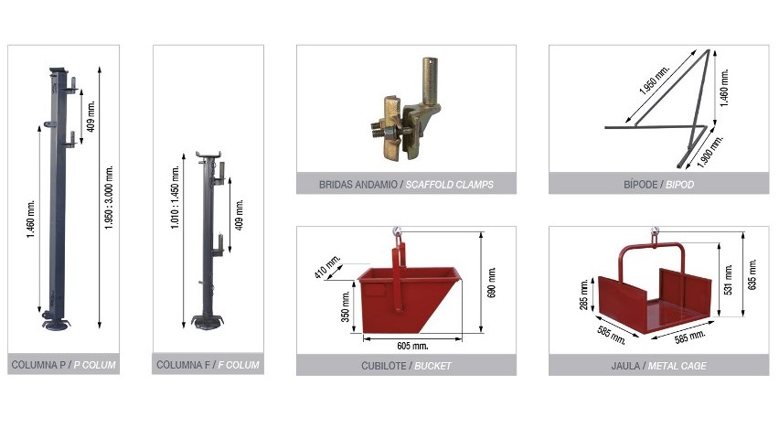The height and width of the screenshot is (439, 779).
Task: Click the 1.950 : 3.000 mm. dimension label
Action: point(110,197)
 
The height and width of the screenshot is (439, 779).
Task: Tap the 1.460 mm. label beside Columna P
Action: point(31,219)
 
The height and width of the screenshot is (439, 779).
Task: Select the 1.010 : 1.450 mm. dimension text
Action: point(175,198)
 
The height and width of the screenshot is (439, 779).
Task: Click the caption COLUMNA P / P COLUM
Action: point(64,365)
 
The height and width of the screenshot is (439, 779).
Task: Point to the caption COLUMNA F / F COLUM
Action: point(208,365)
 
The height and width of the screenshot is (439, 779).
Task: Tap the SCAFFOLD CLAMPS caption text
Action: point(450,185)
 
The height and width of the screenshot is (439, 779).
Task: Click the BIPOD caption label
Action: point(679,185)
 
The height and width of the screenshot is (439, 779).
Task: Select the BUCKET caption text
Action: point(432,366)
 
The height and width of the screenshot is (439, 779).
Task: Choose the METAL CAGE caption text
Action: point(678,366)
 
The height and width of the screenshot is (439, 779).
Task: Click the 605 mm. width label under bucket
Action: point(412,346)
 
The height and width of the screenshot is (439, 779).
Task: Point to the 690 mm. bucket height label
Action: point(492,283)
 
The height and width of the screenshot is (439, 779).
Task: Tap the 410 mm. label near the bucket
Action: point(327,266)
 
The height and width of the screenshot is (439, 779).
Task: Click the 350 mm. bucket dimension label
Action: point(346,306)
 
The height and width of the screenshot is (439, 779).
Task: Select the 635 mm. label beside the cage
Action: point(752,274)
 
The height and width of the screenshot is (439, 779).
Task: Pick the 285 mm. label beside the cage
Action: point(584,294)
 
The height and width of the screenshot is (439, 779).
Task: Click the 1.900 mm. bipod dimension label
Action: point(710,151)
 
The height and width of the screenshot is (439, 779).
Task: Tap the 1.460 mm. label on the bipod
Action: point(724,88)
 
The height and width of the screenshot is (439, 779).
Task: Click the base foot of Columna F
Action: point(208,322)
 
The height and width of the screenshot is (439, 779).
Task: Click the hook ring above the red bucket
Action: point(397,230)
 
